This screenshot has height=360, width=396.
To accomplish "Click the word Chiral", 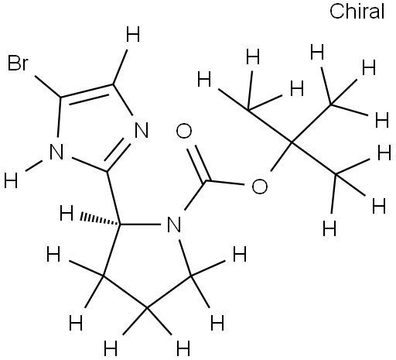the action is (x=357, y=12).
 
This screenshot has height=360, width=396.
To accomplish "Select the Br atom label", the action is (x=18, y=63).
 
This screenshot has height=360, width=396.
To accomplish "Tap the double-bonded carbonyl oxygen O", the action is (x=184, y=131).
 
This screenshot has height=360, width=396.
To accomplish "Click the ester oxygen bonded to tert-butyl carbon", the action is (x=260, y=186).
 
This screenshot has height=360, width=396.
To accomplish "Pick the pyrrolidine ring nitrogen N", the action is (x=174, y=224).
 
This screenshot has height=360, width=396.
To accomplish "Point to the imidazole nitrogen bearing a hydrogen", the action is (x=56, y=152).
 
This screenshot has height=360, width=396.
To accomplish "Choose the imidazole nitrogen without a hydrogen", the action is (x=142, y=130).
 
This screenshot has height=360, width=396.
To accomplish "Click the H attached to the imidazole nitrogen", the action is (x=11, y=180).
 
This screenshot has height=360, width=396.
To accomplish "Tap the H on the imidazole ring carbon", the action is (x=133, y=34).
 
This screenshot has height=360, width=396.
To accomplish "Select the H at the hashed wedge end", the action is (x=67, y=213).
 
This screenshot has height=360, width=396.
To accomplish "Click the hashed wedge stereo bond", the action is (x=101, y=219).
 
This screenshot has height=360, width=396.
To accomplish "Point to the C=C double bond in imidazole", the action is (x=87, y=94).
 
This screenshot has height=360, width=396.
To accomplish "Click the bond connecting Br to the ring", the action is (x=48, y=87).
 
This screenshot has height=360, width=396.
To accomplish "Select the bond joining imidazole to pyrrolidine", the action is (x=114, y=198).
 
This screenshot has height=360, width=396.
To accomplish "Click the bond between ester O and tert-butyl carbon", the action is (x=282, y=156).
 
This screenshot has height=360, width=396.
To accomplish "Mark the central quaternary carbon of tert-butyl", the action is (x=292, y=142).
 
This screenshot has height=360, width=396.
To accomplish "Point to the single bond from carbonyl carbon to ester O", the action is (x=227, y=183).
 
